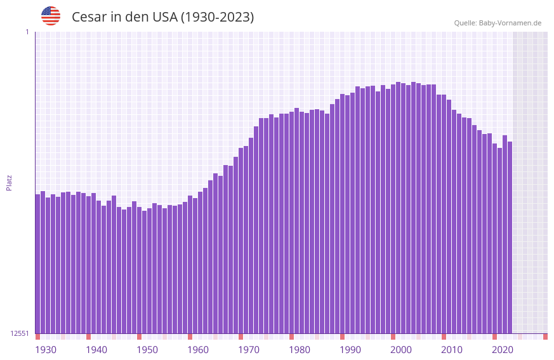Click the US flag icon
51,16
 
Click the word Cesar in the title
89,17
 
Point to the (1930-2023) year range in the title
218,17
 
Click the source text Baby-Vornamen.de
510,23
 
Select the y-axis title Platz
9,182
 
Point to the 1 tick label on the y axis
27,32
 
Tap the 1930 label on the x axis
46,350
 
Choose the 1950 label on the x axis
147,350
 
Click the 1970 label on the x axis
249,350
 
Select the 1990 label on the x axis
350,350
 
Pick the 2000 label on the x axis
401,350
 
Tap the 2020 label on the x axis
503,350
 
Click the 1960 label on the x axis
198,350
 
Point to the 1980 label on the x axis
300,350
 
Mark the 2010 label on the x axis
452,350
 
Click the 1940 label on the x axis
96,350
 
